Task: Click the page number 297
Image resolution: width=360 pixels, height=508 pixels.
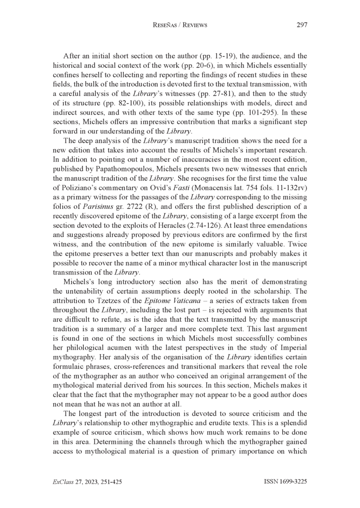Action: tap(301, 25)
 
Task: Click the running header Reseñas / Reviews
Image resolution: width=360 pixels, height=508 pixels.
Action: tap(180, 25)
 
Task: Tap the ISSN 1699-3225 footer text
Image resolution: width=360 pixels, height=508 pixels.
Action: tap(285, 481)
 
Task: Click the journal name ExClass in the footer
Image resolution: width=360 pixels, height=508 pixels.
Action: tap(63, 481)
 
